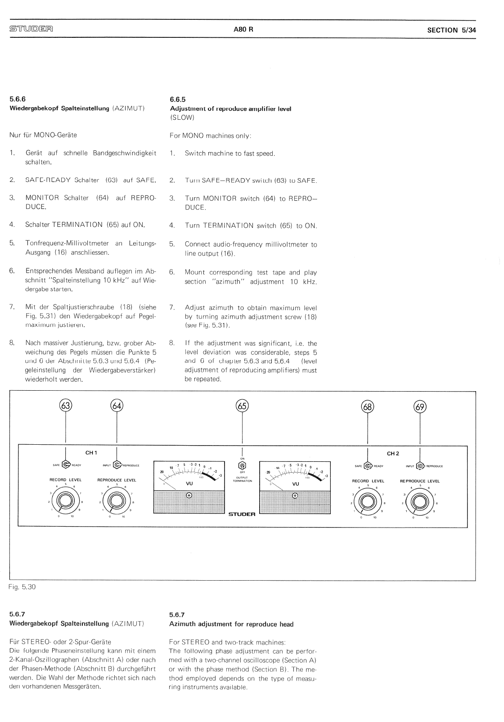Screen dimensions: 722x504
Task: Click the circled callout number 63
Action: click(x=66, y=406)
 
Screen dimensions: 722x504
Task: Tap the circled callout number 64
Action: click(x=117, y=406)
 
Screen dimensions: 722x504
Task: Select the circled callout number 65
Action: click(x=242, y=406)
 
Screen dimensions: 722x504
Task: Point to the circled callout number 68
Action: click(x=368, y=407)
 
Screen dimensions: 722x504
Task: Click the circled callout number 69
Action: click(x=420, y=407)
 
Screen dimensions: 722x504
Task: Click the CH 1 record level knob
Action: click(x=66, y=500)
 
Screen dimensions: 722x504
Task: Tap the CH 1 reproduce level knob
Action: click(x=117, y=500)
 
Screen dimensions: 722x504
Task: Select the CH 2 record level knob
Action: click(x=368, y=501)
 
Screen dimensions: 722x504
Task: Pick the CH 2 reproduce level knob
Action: click(x=420, y=501)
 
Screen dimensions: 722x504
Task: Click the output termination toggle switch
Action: click(x=242, y=465)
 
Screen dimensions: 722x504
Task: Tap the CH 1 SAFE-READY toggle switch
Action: click(x=66, y=465)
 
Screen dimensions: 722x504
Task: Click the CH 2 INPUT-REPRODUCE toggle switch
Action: click(x=421, y=466)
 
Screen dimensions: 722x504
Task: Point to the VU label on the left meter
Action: click(x=189, y=483)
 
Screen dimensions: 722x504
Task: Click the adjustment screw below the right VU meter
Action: click(x=295, y=496)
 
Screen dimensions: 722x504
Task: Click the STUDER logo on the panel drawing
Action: click(x=242, y=514)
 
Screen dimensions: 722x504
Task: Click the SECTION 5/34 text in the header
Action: click(x=452, y=30)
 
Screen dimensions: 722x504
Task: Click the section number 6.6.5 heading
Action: click(x=178, y=99)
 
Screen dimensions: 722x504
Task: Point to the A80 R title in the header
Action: click(x=243, y=30)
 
